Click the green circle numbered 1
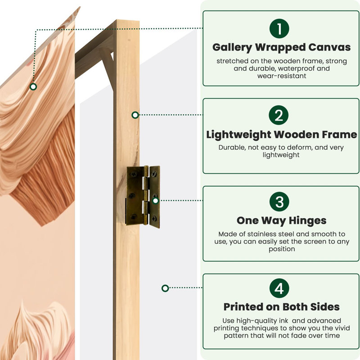coord(279,28)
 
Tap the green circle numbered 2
coord(279,115)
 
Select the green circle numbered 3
coord(279,202)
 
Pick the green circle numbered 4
coord(279,288)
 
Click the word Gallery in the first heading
coord(232,48)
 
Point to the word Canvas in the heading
coord(329,47)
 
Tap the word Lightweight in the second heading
coord(238,135)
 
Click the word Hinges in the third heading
coord(307,221)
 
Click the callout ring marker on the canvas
coord(33,87)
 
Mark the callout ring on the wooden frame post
coord(135,115)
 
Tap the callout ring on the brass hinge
coord(155,201)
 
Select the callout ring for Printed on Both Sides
coord(165,288)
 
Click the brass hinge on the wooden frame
coord(143,197)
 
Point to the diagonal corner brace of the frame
coord(108,69)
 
